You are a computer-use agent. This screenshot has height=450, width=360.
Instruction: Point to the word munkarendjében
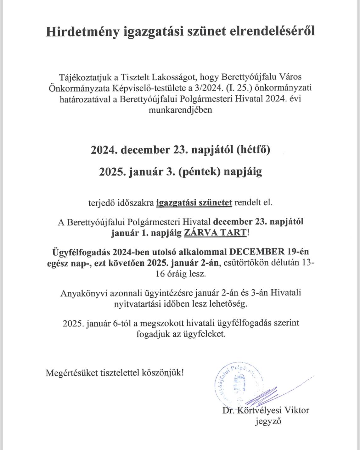(x=180, y=110)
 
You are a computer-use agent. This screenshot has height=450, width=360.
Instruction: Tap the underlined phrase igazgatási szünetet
(x=194, y=203)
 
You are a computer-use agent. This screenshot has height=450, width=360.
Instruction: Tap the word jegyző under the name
(x=268, y=421)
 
